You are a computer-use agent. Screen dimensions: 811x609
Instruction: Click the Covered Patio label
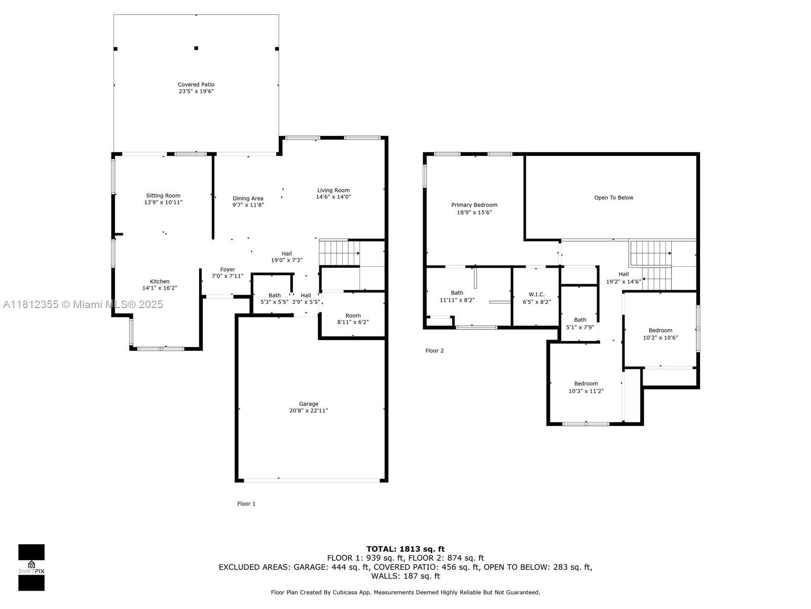(196, 85)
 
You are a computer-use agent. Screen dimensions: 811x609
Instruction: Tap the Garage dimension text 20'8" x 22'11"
(309, 411)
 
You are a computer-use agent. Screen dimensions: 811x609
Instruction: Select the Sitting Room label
(163, 195)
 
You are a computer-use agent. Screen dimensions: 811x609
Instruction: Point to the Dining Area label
(248, 198)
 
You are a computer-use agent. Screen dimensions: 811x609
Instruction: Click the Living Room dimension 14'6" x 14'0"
(333, 197)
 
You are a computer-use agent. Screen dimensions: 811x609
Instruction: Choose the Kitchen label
(160, 281)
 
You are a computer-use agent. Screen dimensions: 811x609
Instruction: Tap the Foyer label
(228, 269)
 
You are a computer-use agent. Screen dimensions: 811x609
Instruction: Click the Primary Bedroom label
(474, 205)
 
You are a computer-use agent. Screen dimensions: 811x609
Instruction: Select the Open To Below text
(613, 197)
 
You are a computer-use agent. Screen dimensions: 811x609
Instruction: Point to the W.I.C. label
(536, 294)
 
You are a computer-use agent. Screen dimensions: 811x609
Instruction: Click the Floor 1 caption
(246, 503)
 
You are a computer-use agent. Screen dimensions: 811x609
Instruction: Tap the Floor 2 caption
(434, 351)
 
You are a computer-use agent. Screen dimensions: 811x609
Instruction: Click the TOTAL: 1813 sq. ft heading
(405, 549)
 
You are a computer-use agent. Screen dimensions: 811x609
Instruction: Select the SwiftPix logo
(31, 567)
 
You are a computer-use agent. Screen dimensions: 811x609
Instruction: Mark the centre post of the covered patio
(196, 48)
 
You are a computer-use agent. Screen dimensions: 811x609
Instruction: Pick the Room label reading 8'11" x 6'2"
(353, 319)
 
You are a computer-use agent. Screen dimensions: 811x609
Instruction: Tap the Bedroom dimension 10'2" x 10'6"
(660, 337)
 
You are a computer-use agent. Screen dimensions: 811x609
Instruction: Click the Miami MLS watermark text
(83, 304)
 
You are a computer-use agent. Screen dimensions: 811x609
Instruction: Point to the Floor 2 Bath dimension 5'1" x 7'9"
(580, 327)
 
